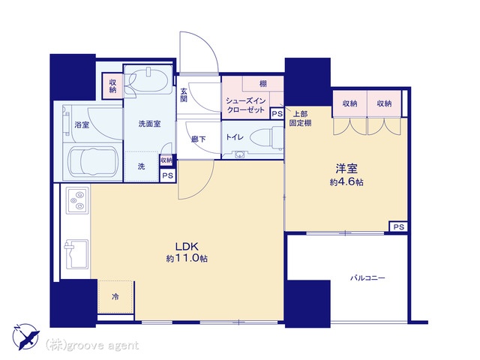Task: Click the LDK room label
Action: [x=187, y=247]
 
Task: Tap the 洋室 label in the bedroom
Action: [x=346, y=169]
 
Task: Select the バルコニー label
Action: [x=367, y=278]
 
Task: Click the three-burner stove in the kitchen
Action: [x=77, y=200]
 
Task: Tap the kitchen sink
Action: [x=76, y=253]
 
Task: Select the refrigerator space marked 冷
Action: [x=115, y=296]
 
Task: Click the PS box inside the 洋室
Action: [x=398, y=226]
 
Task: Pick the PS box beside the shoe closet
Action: [x=277, y=114]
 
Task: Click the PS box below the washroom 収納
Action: [x=167, y=175]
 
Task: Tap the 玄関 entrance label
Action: [x=184, y=95]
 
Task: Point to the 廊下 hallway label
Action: [x=198, y=139]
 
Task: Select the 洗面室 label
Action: [x=149, y=124]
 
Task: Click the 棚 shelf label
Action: [x=263, y=83]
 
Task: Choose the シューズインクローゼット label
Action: [x=246, y=105]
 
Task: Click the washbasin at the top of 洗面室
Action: [x=148, y=79]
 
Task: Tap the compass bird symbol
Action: [x=26, y=337]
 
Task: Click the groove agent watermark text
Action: [x=91, y=345]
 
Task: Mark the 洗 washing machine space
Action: [x=142, y=166]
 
